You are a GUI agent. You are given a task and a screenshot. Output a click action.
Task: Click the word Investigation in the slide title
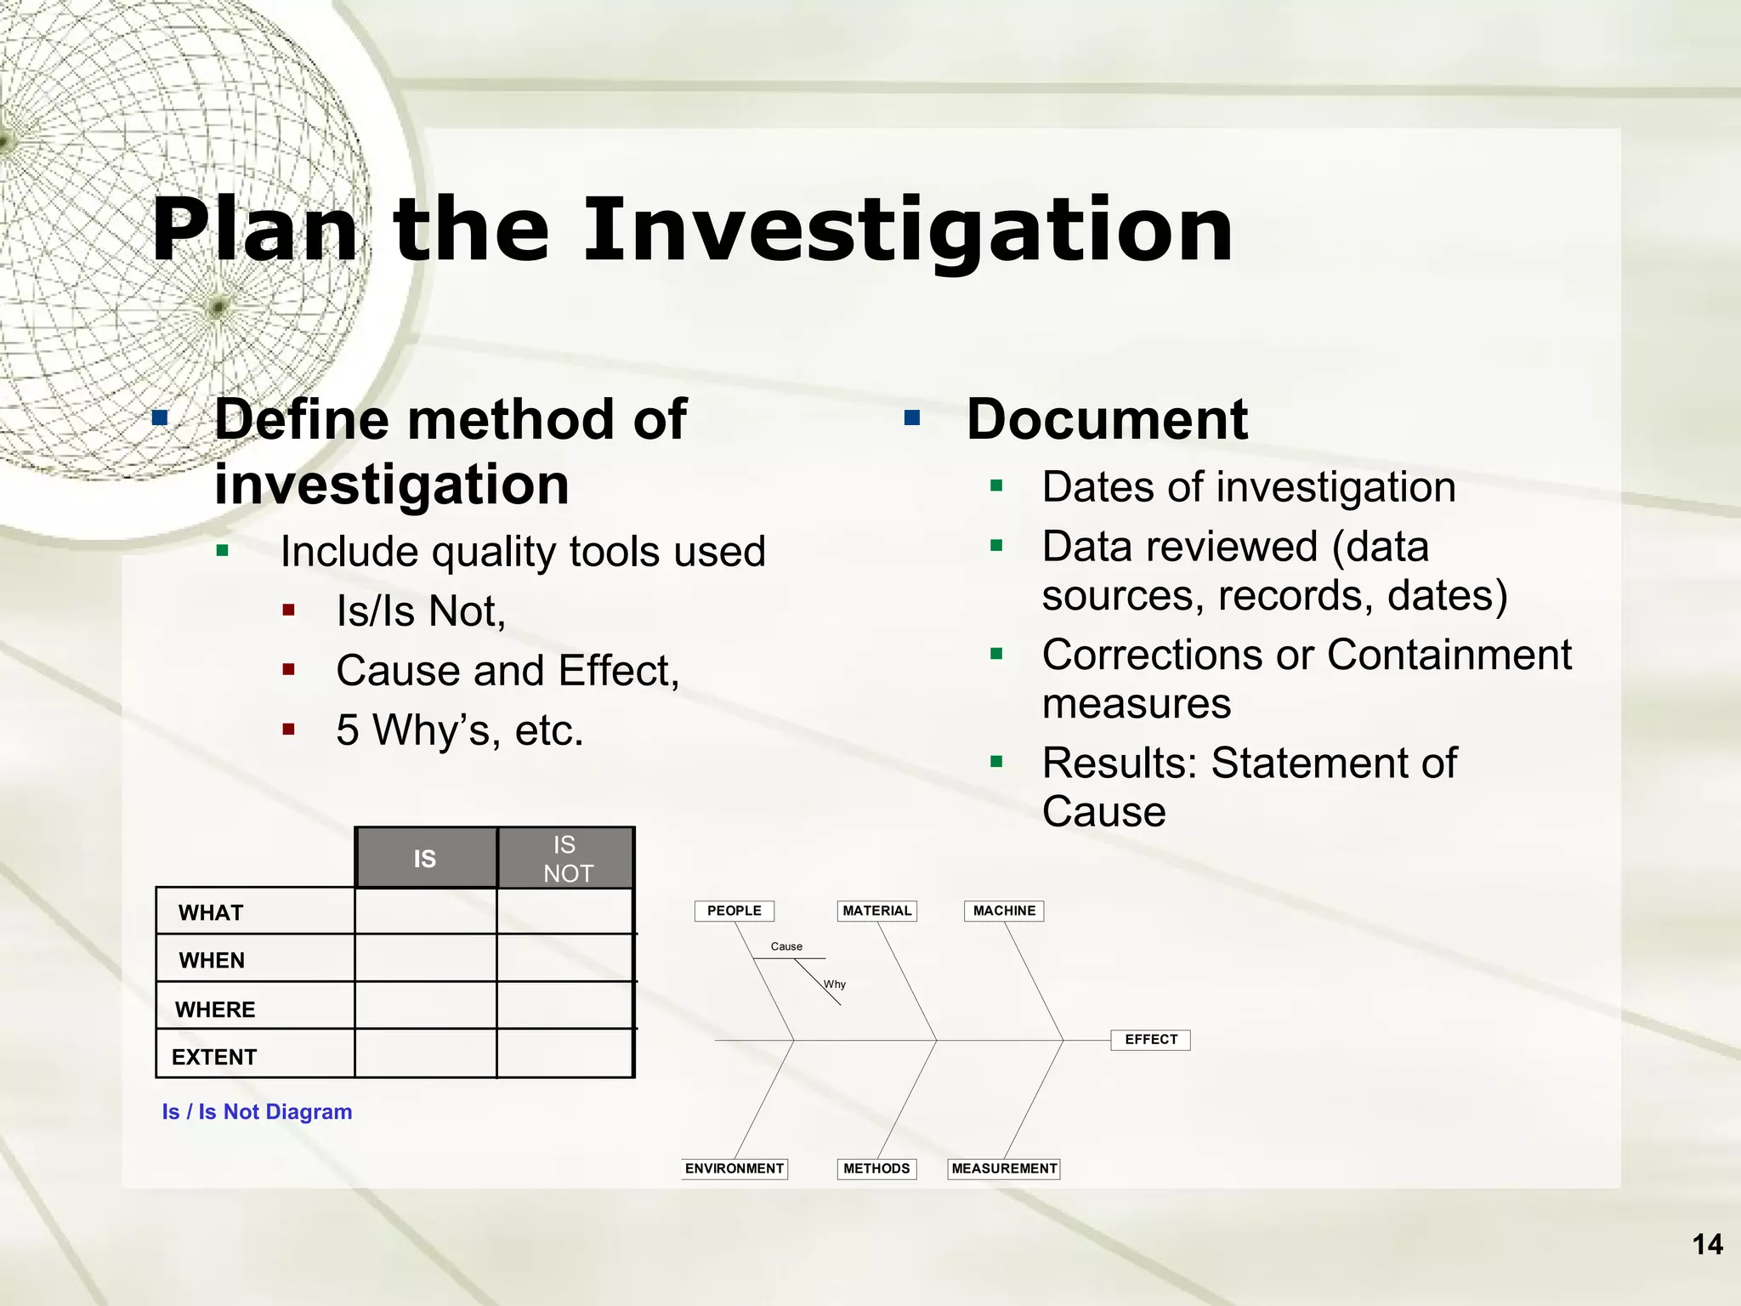click(x=907, y=230)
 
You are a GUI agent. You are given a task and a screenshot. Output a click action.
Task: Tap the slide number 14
click(x=1707, y=1245)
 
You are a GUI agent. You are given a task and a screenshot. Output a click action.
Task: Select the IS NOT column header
click(x=566, y=859)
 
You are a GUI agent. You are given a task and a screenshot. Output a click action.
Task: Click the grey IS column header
click(x=425, y=859)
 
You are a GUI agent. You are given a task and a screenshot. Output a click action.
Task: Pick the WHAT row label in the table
click(x=211, y=913)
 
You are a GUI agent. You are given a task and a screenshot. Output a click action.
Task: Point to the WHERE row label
click(x=215, y=1010)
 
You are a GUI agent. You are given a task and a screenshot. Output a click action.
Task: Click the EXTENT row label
click(x=214, y=1058)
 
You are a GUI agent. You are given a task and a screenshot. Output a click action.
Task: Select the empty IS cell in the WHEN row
click(x=425, y=958)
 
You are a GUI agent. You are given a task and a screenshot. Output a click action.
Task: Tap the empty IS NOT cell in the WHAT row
click(x=565, y=911)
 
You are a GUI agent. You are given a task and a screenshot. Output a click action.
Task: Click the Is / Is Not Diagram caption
click(x=257, y=1112)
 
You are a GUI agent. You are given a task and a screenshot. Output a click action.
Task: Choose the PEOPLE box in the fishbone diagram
click(x=734, y=911)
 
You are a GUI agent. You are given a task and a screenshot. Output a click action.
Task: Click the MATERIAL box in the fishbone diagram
click(x=876, y=911)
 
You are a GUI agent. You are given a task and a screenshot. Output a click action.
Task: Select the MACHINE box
click(x=1004, y=911)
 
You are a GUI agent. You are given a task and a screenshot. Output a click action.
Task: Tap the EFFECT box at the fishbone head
click(x=1151, y=1040)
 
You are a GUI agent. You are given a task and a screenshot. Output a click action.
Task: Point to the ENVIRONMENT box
click(x=734, y=1169)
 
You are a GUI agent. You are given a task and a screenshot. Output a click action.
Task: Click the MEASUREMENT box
click(x=1004, y=1169)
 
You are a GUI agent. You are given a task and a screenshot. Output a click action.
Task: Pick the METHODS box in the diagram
click(x=876, y=1169)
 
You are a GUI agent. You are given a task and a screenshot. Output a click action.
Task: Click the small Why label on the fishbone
click(x=835, y=985)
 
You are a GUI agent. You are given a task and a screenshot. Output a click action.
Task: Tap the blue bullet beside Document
click(x=913, y=417)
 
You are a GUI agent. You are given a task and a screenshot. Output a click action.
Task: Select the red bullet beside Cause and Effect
click(x=289, y=670)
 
